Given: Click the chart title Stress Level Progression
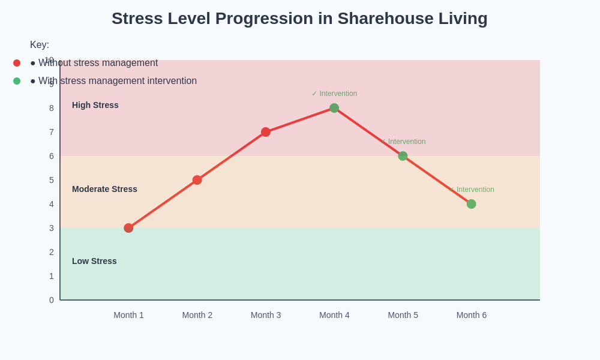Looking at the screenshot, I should (x=299, y=19).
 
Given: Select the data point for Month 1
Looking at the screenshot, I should (x=128, y=228).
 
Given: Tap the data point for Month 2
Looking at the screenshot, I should (x=197, y=180).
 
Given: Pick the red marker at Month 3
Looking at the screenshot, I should (x=266, y=132).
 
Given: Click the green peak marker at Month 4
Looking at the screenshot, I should (x=334, y=108).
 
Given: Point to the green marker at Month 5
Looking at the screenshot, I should (x=403, y=156).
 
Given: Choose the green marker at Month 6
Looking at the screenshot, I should (x=471, y=204).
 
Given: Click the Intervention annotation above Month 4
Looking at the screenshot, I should (x=334, y=94).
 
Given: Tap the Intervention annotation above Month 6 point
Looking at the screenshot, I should (x=472, y=190).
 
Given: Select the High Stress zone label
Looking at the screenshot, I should (x=95, y=105).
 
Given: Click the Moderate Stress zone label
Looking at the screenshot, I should (x=104, y=189).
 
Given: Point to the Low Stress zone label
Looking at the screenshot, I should (x=94, y=261).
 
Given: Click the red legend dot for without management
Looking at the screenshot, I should (x=17, y=63).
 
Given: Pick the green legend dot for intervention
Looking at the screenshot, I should (x=17, y=81).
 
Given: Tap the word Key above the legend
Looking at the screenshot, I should (x=40, y=45).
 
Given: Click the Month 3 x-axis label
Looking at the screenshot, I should (x=266, y=315).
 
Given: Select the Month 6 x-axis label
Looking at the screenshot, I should (x=472, y=315).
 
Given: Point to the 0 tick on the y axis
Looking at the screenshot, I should (x=52, y=300).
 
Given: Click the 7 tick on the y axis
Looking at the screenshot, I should (x=52, y=132).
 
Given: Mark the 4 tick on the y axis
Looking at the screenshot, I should (x=52, y=204).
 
